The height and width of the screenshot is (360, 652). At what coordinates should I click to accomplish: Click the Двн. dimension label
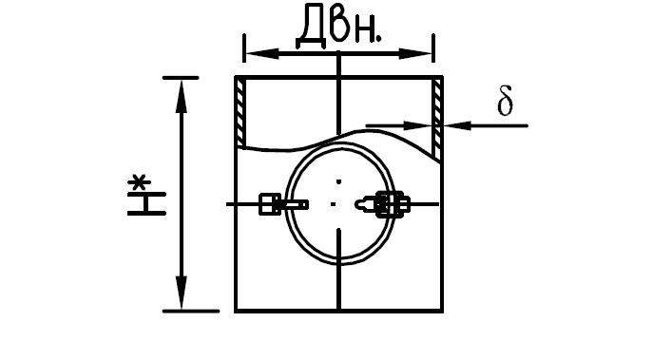coord(338,25)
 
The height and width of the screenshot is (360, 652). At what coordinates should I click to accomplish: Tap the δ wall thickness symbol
coord(505,100)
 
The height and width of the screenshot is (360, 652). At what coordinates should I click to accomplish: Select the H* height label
coord(146,197)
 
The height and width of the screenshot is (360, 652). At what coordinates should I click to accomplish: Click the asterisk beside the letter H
coord(139,183)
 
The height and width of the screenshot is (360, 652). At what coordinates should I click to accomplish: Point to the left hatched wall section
coord(240,113)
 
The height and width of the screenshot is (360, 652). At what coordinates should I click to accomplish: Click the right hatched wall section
coord(436,119)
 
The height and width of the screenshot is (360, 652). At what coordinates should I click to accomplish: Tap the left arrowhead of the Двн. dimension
coord(262,53)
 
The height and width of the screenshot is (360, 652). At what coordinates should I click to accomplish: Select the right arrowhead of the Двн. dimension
coord(416,53)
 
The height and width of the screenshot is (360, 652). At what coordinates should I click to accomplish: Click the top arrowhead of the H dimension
coord(182,97)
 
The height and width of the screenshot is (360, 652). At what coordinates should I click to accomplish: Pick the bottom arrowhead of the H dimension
coord(182,293)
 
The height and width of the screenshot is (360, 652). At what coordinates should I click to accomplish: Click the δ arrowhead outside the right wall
coord(457,125)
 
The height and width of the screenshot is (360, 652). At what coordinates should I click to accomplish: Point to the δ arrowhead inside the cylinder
coord(418,125)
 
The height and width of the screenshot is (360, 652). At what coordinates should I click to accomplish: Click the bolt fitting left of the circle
coord(283,204)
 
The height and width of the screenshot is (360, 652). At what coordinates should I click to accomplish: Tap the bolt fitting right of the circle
coord(382,204)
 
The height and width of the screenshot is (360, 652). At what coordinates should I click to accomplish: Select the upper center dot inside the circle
coord(339,181)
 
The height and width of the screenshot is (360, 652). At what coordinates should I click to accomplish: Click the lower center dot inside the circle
coord(333,204)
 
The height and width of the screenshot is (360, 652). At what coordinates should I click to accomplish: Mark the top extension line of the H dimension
coord(181,78)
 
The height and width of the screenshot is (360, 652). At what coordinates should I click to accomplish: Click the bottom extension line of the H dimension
coord(191,311)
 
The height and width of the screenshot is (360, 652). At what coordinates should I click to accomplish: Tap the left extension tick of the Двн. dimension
coord(244,48)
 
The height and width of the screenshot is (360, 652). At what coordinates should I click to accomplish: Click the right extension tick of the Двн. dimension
coord(433,48)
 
